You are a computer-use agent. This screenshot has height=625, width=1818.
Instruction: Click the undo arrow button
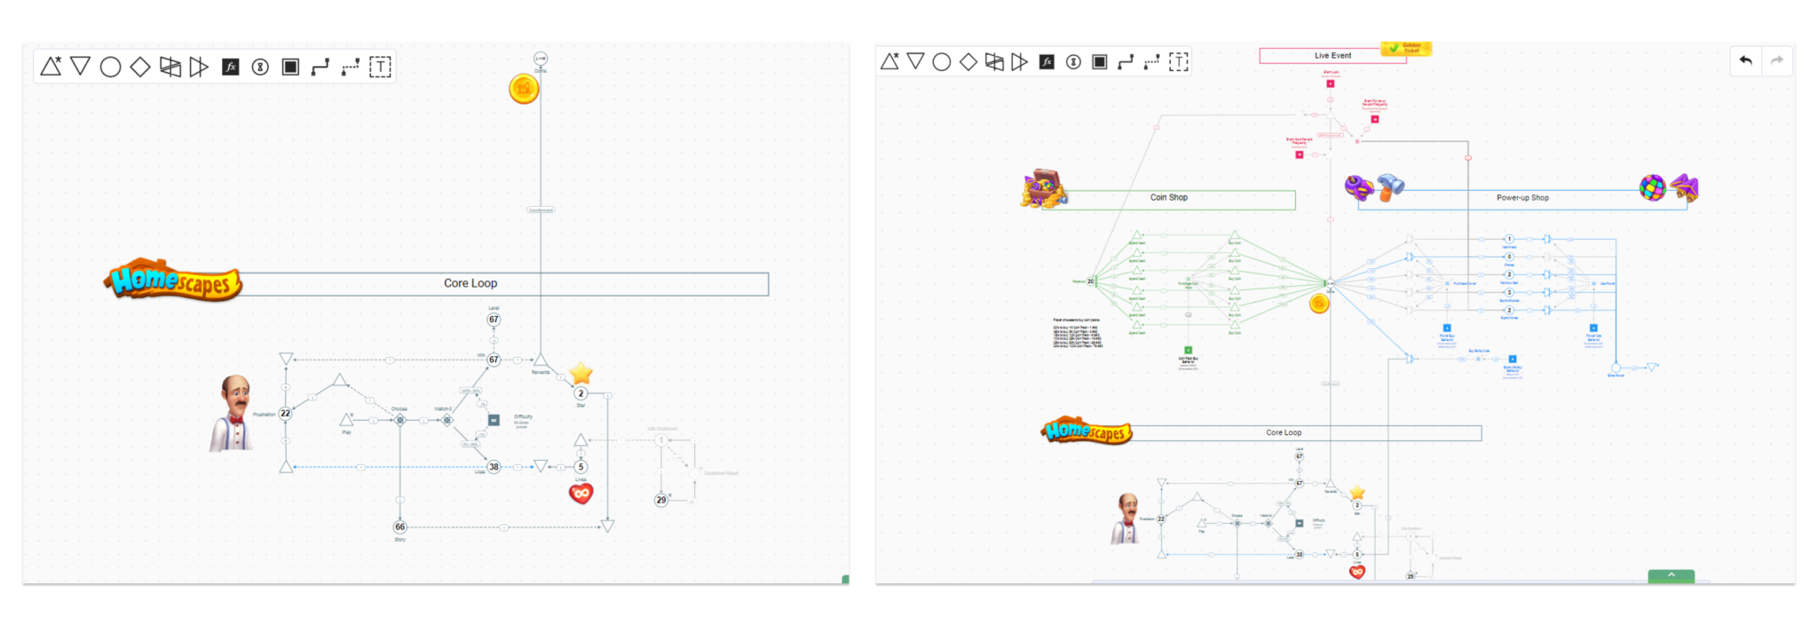click(1745, 60)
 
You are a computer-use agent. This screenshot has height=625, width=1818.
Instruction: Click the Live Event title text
click(1332, 56)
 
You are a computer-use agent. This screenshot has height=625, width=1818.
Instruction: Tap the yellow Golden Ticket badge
click(1406, 48)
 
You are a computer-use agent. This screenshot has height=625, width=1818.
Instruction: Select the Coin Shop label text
click(1168, 198)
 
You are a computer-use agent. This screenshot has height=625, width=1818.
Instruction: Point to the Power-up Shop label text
click(1522, 198)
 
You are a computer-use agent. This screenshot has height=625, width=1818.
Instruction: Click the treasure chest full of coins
click(1043, 188)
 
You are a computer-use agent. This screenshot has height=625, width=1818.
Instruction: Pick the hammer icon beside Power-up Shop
click(1390, 187)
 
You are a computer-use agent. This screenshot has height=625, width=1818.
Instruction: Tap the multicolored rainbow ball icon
click(1652, 187)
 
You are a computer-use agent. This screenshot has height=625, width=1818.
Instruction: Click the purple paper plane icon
click(1685, 187)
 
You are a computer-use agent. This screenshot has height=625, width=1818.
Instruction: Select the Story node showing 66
click(400, 527)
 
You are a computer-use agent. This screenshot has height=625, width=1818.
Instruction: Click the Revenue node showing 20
click(1091, 281)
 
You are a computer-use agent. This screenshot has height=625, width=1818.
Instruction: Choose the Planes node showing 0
click(1509, 257)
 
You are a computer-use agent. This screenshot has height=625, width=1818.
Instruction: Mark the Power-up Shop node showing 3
click(1509, 292)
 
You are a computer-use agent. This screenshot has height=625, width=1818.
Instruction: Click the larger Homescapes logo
click(173, 281)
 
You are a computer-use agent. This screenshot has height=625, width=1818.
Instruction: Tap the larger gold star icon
click(581, 374)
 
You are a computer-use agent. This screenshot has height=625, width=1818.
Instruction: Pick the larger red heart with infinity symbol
click(581, 494)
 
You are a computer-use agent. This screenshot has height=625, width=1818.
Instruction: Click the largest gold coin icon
click(524, 89)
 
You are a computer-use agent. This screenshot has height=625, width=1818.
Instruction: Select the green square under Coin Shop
click(1188, 351)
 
